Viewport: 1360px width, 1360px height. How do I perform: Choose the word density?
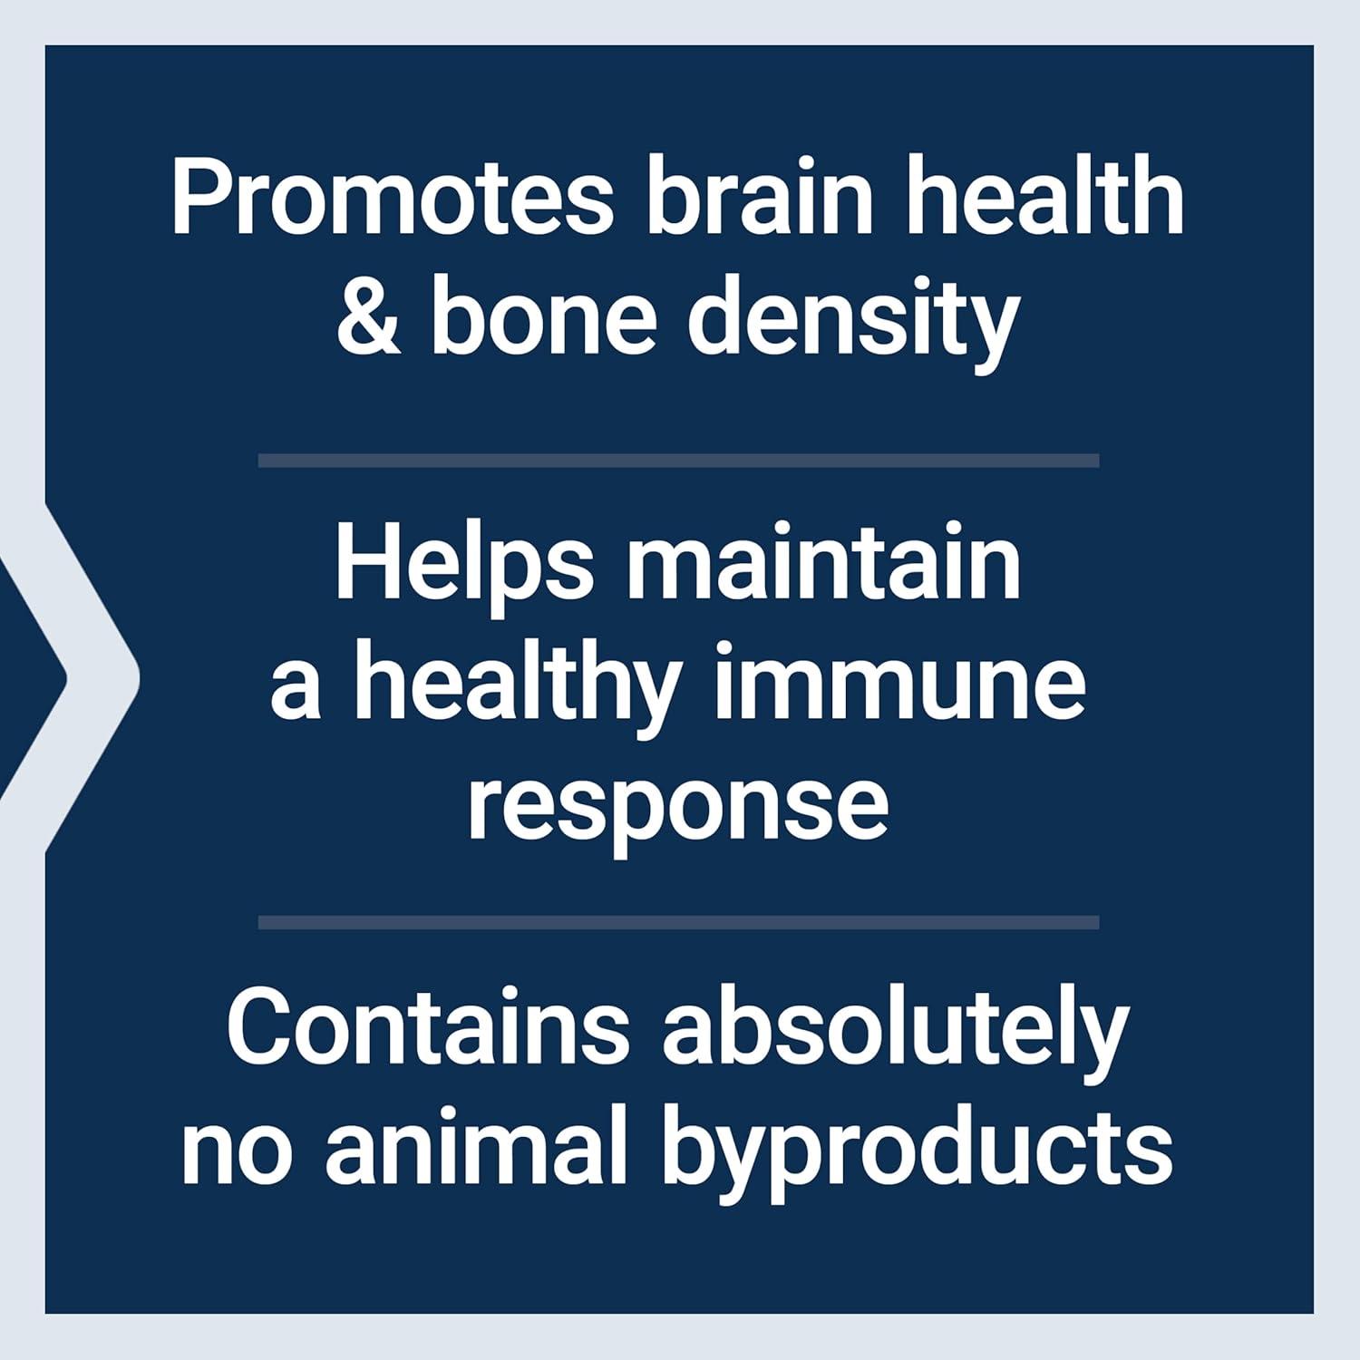pyautogui.click(x=853, y=322)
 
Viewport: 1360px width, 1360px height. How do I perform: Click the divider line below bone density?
pyautogui.click(x=678, y=461)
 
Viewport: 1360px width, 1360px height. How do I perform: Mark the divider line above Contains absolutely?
pyautogui.click(x=678, y=923)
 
